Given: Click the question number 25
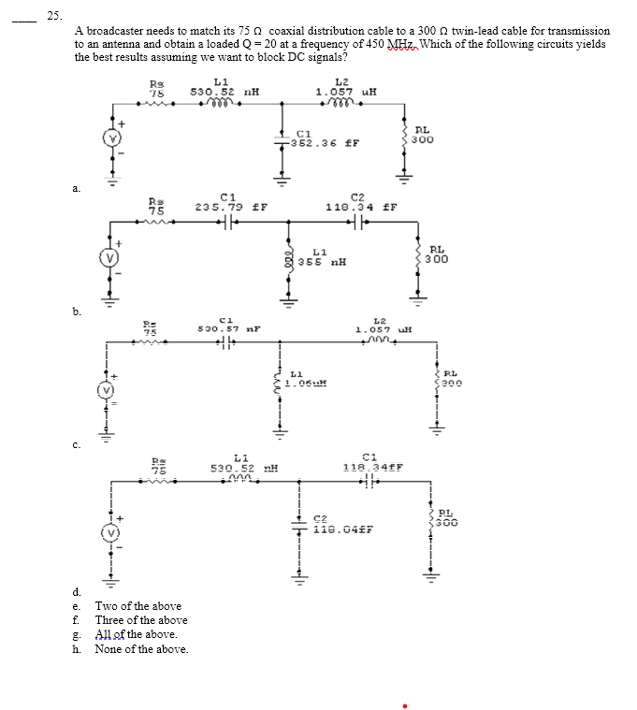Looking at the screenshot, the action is click(53, 15).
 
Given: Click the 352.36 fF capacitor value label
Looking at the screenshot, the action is click(323, 143).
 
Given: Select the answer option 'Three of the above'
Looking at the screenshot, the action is click(141, 620).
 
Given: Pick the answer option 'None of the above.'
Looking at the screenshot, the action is click(141, 649).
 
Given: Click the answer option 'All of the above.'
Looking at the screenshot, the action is click(136, 634).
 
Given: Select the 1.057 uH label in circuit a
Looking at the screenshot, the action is click(346, 92).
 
